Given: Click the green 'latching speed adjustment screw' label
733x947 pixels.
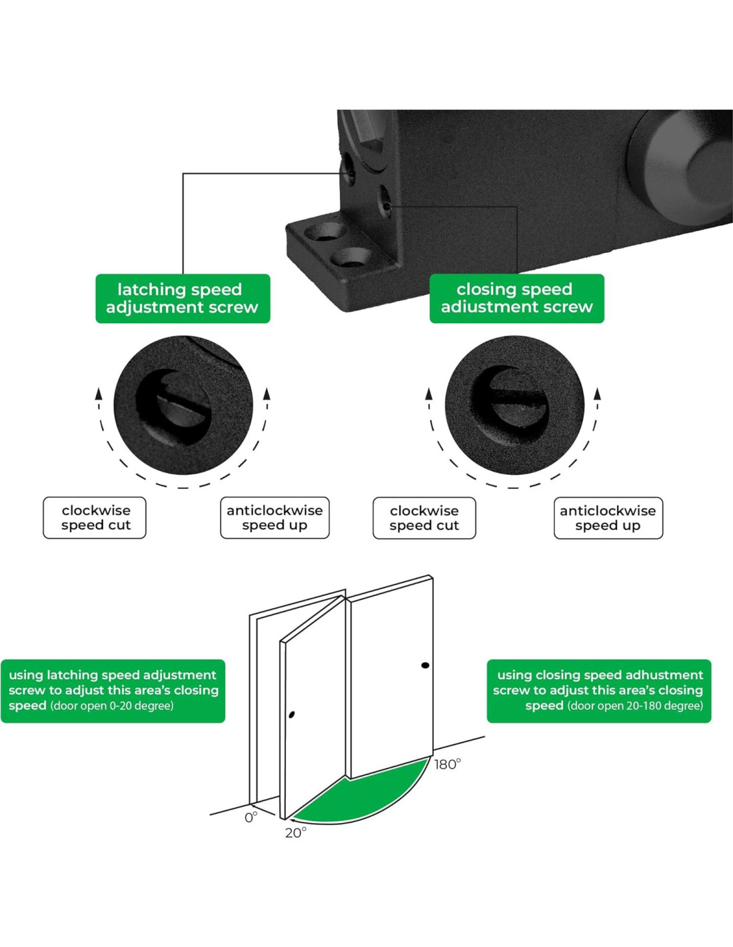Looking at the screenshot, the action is click(183, 298).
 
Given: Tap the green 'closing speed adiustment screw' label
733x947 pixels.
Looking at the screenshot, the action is click(516, 298).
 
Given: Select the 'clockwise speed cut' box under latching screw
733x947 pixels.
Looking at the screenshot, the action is click(95, 517).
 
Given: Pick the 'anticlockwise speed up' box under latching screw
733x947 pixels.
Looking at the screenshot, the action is click(275, 517).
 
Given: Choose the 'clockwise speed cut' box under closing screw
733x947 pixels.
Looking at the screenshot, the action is click(424, 518).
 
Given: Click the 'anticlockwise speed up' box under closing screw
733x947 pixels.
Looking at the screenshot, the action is click(608, 518).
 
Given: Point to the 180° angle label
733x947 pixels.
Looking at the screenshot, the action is click(447, 765).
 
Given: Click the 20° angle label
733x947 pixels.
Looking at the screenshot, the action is click(296, 833).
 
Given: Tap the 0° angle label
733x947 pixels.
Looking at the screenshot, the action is click(251, 818).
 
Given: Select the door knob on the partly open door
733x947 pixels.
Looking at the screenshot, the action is click(292, 715).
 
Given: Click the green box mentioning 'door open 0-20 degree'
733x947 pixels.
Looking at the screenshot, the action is click(113, 691).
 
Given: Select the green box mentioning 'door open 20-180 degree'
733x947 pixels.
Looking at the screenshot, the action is click(599, 691).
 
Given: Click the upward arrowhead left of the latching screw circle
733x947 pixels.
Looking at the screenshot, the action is click(99, 393).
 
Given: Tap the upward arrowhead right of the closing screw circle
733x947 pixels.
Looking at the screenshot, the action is click(597, 393).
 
